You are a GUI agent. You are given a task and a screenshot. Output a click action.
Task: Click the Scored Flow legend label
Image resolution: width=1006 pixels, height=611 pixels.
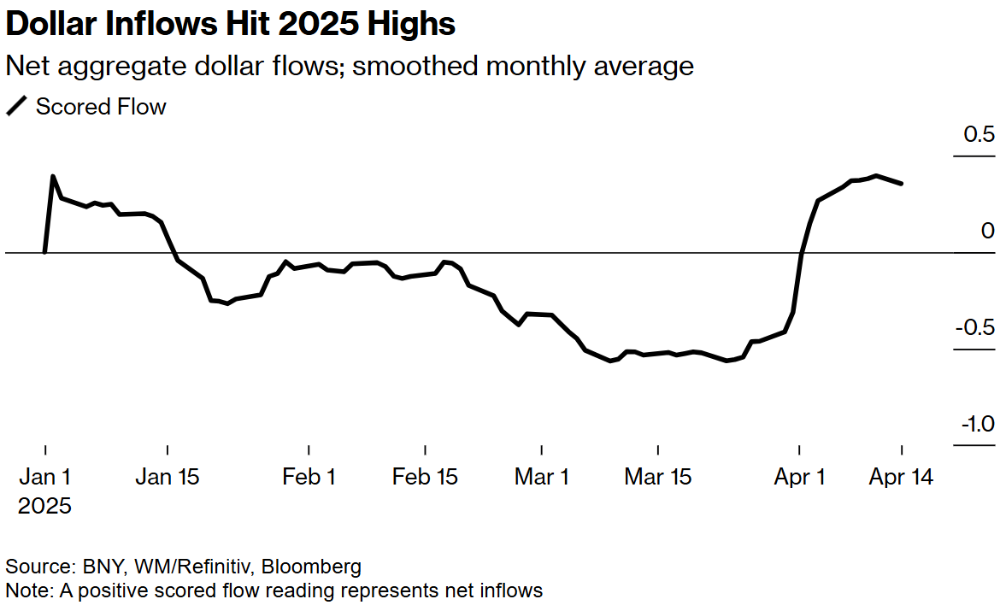click(x=100, y=107)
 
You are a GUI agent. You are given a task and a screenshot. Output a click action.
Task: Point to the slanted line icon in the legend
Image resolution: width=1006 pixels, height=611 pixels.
click(x=16, y=107)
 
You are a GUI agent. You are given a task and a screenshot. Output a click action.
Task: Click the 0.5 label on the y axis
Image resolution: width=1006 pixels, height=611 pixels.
click(x=978, y=135)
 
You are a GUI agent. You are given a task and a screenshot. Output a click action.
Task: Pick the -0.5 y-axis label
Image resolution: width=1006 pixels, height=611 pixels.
click(x=974, y=328)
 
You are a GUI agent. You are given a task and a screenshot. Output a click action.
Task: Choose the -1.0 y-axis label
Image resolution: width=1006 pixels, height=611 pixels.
click(x=975, y=425)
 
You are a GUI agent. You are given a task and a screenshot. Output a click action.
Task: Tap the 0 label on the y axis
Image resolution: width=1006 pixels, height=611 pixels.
click(x=988, y=232)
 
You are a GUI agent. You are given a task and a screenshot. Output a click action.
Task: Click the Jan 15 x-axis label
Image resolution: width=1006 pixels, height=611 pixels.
click(x=168, y=477)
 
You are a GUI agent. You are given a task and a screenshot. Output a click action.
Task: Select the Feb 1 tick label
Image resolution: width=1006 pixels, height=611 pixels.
click(x=309, y=477)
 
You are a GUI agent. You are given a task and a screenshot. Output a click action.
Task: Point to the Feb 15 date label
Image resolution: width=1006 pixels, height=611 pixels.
click(x=425, y=477)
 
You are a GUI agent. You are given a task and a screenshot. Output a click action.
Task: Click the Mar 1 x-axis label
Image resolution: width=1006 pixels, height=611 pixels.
click(x=542, y=477)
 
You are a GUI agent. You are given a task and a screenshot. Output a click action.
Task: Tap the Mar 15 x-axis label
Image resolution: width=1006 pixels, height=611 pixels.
click(x=658, y=477)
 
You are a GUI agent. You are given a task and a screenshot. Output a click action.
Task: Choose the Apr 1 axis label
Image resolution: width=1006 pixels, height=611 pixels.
click(x=799, y=477)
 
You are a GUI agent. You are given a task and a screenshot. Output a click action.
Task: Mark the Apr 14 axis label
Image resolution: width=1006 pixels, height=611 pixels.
click(x=901, y=477)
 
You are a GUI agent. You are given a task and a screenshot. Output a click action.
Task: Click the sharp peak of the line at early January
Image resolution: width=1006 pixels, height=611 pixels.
click(x=53, y=177)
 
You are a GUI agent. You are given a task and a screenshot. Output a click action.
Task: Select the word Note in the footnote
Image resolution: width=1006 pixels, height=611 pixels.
click(x=24, y=590)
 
